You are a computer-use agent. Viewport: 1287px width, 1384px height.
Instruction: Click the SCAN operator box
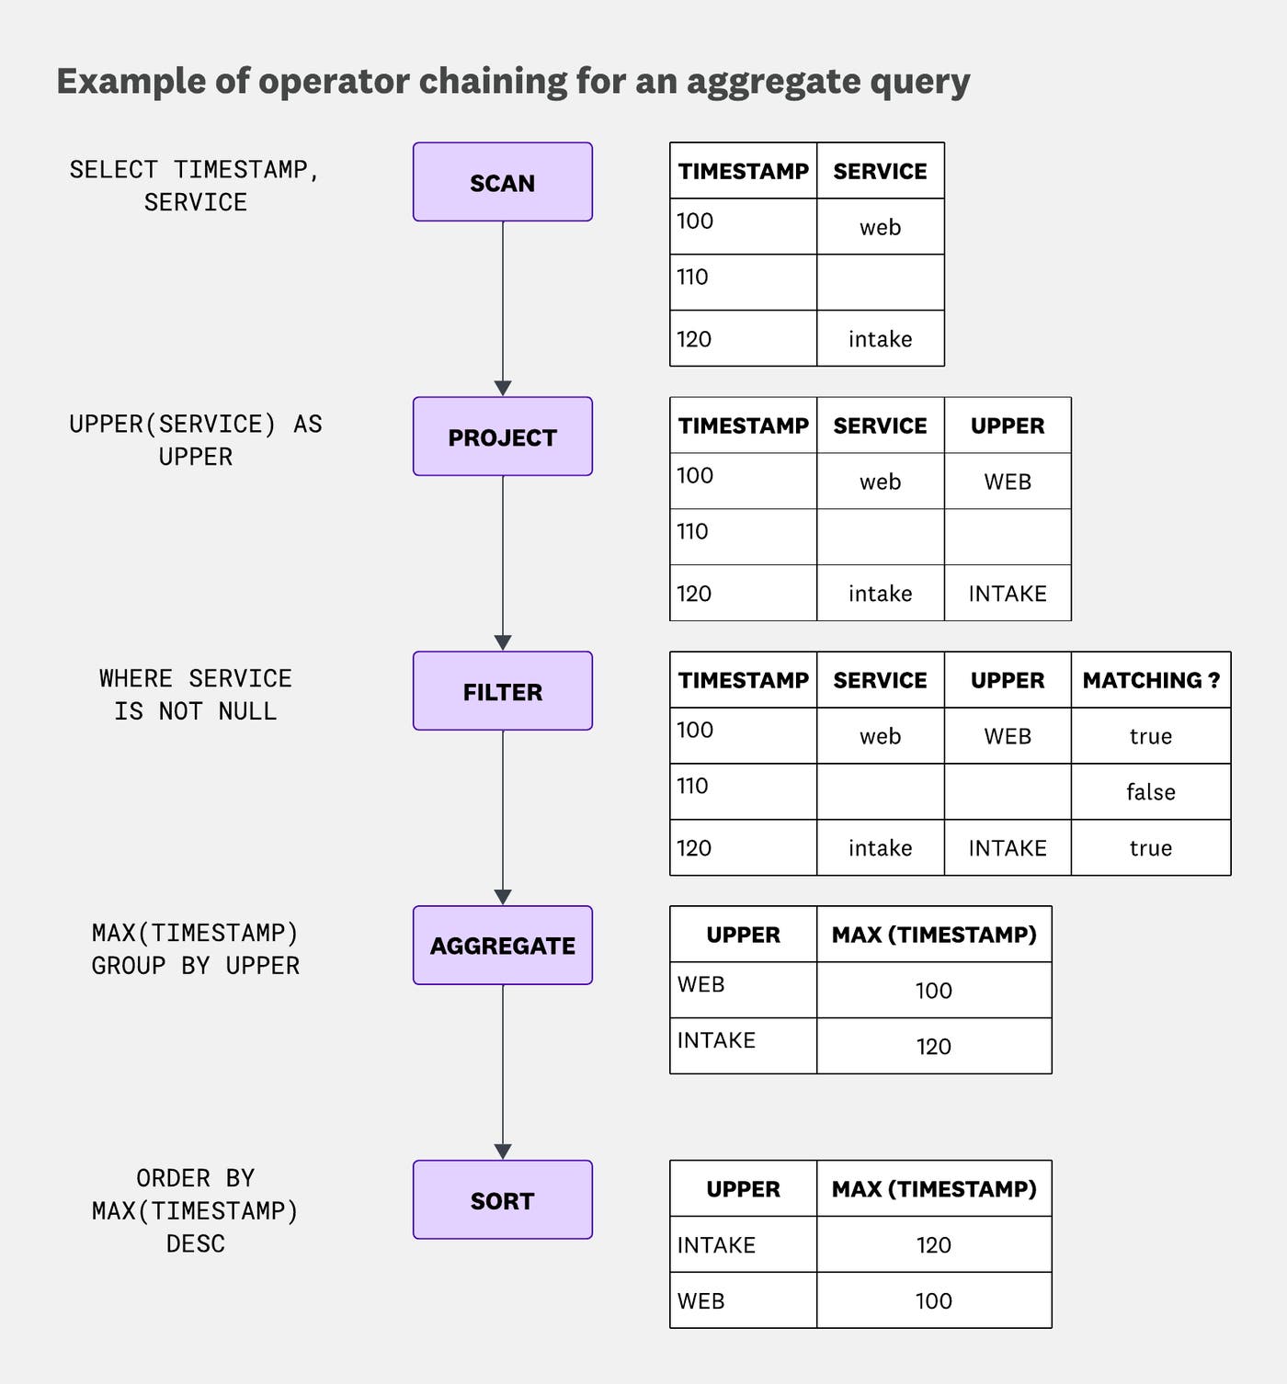[502, 182]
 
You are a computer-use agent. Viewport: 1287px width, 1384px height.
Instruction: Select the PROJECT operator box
[502, 437]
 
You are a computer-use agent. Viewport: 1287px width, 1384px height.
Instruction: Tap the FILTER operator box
[502, 691]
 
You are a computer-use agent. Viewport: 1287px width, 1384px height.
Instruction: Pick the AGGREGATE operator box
[502, 946]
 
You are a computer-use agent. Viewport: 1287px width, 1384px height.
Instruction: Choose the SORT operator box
[502, 1200]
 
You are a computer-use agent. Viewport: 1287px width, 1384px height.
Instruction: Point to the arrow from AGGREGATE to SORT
[502, 1072]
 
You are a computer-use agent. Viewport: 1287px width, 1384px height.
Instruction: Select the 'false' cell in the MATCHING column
[1150, 791]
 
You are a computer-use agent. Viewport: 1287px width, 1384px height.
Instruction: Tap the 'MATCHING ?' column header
[1150, 680]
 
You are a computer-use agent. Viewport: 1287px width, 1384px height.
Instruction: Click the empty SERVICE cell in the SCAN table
[880, 282]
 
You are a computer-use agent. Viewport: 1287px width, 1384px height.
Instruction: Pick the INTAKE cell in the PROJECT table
[1008, 594]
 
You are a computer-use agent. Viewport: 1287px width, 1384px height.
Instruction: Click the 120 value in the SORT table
[933, 1245]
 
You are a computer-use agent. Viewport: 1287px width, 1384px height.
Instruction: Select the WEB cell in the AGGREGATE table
[701, 985]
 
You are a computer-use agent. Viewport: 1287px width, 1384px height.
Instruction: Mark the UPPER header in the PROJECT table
[1008, 425]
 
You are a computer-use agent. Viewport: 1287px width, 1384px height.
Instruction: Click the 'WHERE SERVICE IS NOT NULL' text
[195, 695]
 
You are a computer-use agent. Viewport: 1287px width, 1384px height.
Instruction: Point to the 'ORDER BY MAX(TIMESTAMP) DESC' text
[195, 1210]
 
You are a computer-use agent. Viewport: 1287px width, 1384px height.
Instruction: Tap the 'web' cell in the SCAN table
[880, 227]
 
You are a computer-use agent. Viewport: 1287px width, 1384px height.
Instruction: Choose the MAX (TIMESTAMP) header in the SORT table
[933, 1189]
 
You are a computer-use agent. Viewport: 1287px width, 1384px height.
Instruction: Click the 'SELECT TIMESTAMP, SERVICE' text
[195, 186]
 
